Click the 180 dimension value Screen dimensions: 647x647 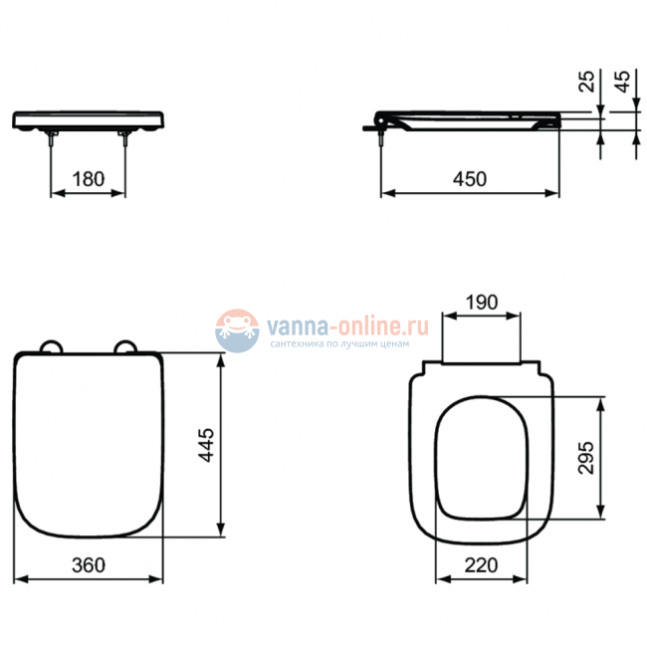click(x=89, y=179)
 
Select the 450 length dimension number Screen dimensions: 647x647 click(x=470, y=179)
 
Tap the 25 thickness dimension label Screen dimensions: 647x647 click(x=586, y=82)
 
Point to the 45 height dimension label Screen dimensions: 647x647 click(x=622, y=82)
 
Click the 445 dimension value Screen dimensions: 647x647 click(x=206, y=445)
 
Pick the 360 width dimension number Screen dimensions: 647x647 click(x=89, y=565)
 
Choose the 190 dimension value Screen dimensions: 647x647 click(x=482, y=303)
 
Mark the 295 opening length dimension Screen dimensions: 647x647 click(x=586, y=458)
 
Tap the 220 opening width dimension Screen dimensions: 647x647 click(x=481, y=565)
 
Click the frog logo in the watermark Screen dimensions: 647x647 click(x=237, y=330)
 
